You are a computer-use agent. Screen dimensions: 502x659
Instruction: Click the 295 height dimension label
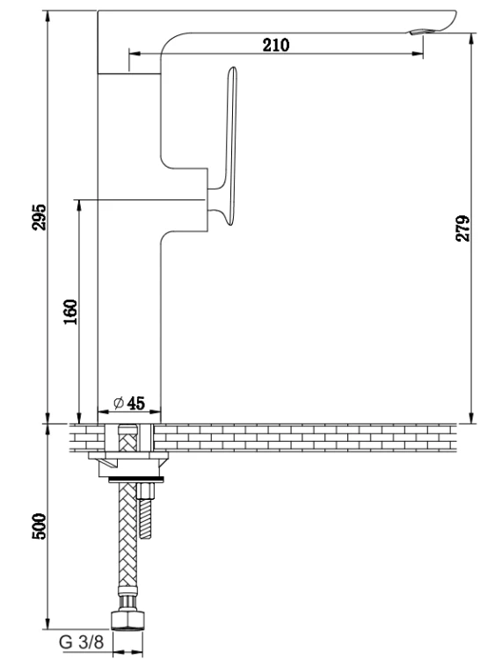(40, 217)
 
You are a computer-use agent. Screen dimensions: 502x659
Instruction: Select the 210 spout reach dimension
(276, 45)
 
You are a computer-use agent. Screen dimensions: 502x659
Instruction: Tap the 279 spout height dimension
(463, 228)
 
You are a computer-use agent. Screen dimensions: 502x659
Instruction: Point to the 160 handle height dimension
(70, 311)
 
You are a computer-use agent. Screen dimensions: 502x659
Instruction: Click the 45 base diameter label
(135, 403)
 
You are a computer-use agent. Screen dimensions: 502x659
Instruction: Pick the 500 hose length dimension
(40, 525)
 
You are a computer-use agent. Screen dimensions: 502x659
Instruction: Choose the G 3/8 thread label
(81, 641)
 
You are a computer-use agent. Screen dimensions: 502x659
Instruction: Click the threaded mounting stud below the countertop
(146, 511)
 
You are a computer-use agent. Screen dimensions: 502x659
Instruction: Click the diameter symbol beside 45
(119, 403)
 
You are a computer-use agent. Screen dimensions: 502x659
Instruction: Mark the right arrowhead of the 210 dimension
(418, 54)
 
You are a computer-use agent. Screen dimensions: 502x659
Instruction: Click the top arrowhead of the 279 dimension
(473, 39)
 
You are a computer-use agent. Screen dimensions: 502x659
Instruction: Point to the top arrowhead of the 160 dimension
(78, 206)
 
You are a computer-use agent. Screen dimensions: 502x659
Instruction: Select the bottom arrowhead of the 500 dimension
(48, 623)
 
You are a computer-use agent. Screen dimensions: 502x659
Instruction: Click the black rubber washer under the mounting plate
(135, 480)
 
